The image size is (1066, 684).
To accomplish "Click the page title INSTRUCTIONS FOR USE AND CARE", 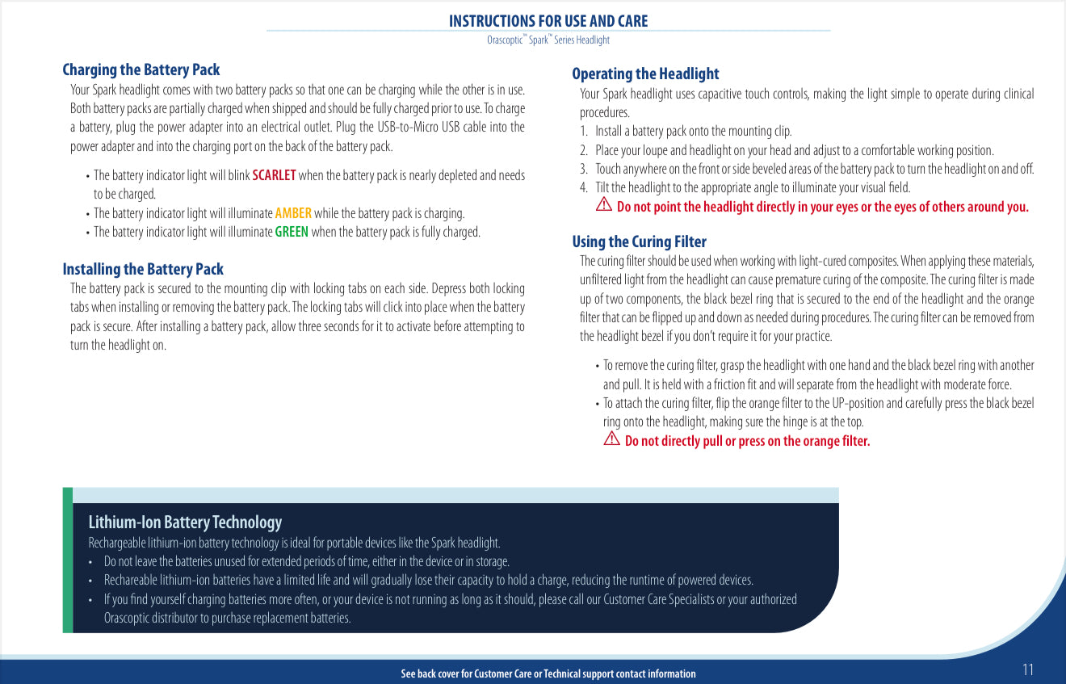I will click(x=548, y=21).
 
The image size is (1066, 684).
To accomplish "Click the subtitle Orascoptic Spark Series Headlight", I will click(x=548, y=40).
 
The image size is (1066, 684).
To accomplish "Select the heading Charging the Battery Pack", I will click(x=141, y=70).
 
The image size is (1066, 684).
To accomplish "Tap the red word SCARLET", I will click(x=274, y=175).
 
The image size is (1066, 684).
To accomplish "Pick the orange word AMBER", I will click(x=293, y=213).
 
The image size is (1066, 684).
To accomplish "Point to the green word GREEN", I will click(x=292, y=233).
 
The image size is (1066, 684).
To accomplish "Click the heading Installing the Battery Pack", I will click(x=142, y=270).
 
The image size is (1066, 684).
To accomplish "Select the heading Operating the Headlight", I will click(x=644, y=74).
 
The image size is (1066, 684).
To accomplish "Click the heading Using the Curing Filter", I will click(x=639, y=242).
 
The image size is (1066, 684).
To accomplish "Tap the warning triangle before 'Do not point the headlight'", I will click(x=603, y=206).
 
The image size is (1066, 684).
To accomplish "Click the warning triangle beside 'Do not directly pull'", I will click(x=611, y=439).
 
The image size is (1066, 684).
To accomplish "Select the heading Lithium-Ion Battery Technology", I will click(x=185, y=522).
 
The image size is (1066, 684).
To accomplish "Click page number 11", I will click(x=1027, y=669).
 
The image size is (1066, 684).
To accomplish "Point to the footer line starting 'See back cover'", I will click(x=548, y=674).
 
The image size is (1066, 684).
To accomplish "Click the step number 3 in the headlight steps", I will click(x=583, y=169).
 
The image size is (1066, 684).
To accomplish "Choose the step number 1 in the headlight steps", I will click(x=583, y=131).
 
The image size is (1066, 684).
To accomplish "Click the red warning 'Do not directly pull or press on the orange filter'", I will click(x=747, y=441).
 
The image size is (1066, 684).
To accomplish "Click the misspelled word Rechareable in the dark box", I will click(x=129, y=580).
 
